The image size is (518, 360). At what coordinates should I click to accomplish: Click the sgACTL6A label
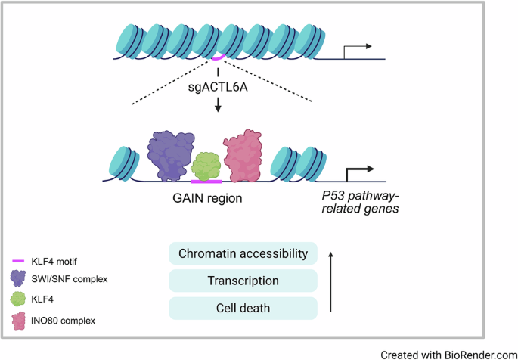(218, 87)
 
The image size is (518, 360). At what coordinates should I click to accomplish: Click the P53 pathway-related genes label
(355, 200)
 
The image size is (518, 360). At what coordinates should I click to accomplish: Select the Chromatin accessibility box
(243, 253)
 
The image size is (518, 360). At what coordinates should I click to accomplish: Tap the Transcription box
(243, 281)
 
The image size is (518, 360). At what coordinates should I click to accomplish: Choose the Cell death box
(243, 308)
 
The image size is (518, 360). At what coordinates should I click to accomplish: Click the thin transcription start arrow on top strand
(357, 50)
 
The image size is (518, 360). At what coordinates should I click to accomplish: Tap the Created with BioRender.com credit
(448, 353)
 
